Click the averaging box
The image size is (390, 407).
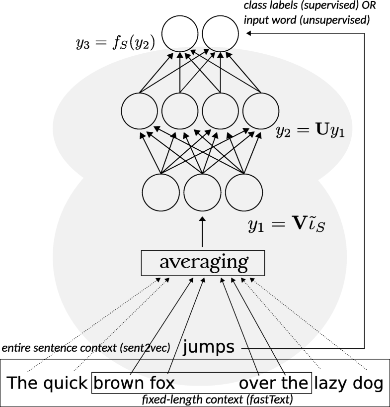(203, 262)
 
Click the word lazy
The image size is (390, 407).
(331, 383)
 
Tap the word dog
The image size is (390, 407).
(368, 383)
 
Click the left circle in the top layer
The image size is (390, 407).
(180, 33)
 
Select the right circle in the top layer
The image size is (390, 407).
(221, 33)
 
